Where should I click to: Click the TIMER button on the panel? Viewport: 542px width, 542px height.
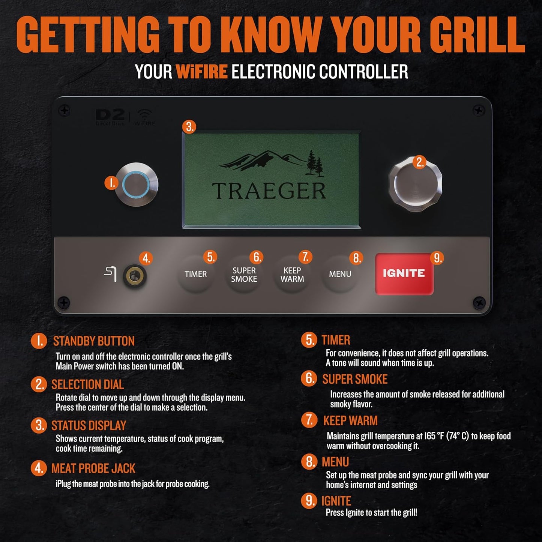(x=195, y=275)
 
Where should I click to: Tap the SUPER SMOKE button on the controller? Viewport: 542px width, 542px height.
(x=244, y=275)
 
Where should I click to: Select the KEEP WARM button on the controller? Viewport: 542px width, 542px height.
(x=292, y=275)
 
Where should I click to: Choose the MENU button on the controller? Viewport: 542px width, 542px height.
(x=340, y=275)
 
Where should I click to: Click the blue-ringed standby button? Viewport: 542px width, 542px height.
(x=136, y=184)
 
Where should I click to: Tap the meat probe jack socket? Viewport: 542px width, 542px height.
(x=135, y=276)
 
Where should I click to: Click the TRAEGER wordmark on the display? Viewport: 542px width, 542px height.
(x=269, y=191)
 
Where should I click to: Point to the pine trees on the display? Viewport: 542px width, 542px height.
(x=314, y=164)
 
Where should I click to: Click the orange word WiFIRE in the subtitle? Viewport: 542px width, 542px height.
(x=202, y=72)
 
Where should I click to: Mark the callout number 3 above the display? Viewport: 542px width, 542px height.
(x=189, y=127)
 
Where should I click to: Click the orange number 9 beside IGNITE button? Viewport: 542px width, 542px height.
(x=437, y=258)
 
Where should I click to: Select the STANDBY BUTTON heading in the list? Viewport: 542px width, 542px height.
(x=94, y=341)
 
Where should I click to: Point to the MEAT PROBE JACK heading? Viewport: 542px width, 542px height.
(x=93, y=468)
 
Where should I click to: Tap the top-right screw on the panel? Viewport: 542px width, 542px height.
(x=478, y=111)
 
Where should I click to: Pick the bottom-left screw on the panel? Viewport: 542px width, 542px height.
(x=64, y=302)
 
